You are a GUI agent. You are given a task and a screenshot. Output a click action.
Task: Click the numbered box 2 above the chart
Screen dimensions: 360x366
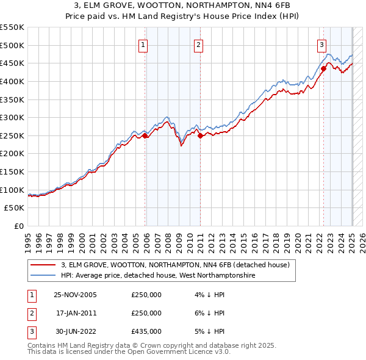[199, 44]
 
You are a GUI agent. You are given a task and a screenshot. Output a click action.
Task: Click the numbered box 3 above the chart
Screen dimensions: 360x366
[321, 44]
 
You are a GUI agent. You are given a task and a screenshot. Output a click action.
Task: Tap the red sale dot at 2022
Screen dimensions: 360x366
[324, 68]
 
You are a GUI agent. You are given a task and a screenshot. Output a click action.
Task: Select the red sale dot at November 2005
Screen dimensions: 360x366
[145, 136]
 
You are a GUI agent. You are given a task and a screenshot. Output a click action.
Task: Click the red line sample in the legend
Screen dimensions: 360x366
[43, 265]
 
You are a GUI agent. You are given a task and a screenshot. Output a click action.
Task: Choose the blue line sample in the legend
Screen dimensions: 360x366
[43, 276]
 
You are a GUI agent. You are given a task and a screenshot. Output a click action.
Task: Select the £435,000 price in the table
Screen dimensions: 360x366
[146, 331]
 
